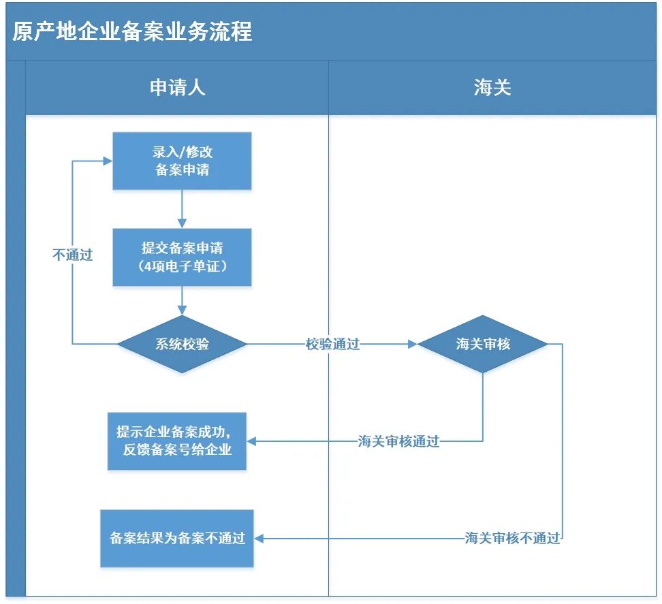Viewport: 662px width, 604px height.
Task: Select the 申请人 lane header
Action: (x=177, y=88)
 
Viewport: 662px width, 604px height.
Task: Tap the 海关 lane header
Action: (x=492, y=88)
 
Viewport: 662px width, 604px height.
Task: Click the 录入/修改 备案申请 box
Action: (x=182, y=161)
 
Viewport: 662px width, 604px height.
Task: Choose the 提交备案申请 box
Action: (x=182, y=257)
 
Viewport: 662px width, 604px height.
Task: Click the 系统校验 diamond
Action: (x=182, y=345)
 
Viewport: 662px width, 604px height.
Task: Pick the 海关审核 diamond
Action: (x=483, y=345)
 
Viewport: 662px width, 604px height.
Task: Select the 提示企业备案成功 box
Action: (x=177, y=441)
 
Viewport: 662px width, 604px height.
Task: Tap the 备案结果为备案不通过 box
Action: (x=177, y=539)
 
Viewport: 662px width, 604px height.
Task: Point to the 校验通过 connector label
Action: (x=332, y=345)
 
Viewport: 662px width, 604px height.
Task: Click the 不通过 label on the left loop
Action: (x=72, y=255)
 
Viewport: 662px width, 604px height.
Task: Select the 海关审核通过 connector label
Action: (x=399, y=442)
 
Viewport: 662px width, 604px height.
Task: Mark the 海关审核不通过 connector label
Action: (x=512, y=539)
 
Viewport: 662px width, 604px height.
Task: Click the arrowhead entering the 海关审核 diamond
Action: (x=412, y=345)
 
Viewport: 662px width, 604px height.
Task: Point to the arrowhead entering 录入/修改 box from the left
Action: (x=108, y=161)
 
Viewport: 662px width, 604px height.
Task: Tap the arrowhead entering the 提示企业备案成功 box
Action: (x=251, y=442)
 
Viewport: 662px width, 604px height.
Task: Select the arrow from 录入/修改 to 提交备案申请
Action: (x=182, y=208)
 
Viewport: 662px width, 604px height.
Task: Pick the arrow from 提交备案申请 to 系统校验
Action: (x=182, y=301)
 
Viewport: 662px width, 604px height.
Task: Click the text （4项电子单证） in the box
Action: (x=182, y=266)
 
